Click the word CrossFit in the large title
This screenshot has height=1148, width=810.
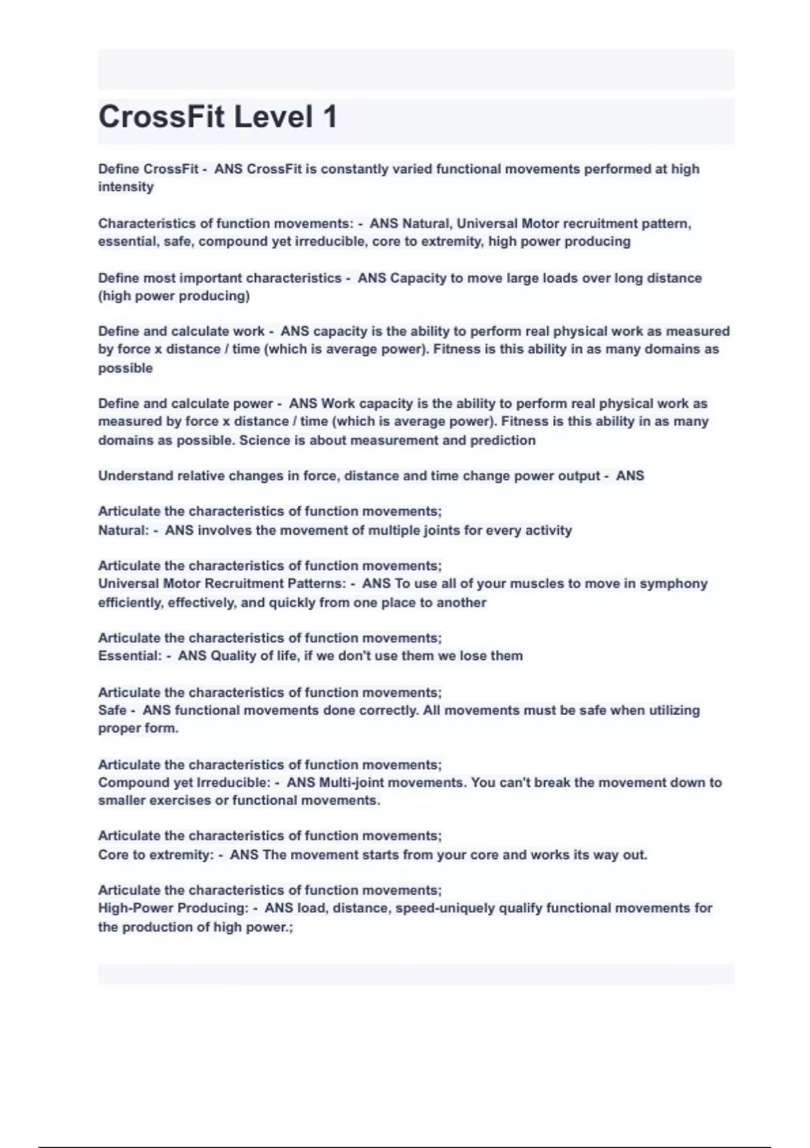161,117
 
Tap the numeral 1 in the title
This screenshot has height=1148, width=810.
329,117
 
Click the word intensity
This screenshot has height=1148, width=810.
126,187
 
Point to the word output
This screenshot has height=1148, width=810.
578,476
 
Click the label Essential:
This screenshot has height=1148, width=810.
130,656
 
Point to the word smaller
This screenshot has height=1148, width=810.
122,801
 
